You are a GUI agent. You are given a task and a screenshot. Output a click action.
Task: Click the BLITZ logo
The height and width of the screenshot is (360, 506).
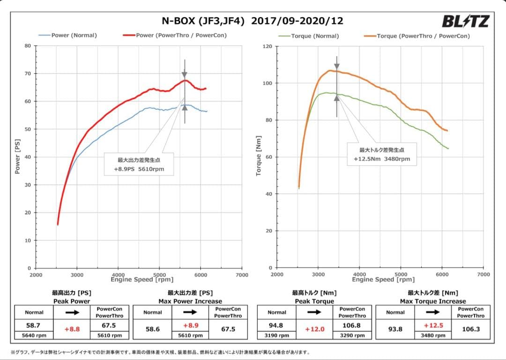[x=465, y=21]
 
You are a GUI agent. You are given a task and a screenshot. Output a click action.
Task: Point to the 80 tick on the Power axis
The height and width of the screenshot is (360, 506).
[x=28, y=46]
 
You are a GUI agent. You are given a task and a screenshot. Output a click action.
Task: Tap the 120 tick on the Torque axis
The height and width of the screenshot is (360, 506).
[x=268, y=46]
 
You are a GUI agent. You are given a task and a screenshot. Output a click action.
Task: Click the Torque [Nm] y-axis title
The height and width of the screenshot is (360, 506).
[x=258, y=156]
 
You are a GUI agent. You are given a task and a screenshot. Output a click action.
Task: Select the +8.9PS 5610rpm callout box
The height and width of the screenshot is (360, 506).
[x=139, y=164]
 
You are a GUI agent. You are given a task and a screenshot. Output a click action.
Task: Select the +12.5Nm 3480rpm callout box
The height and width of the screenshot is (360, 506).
[x=382, y=154]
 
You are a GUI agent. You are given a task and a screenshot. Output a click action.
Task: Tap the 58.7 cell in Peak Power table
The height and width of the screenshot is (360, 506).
[x=34, y=324]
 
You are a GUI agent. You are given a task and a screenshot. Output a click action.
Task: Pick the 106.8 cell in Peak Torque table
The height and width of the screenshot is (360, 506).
[x=352, y=324]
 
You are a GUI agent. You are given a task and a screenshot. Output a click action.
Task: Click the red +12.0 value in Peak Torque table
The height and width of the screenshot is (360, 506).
[x=314, y=330]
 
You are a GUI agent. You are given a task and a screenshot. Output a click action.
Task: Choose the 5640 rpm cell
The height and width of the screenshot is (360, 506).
[x=34, y=335]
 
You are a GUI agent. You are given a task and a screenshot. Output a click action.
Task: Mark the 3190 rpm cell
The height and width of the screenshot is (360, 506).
[x=277, y=335]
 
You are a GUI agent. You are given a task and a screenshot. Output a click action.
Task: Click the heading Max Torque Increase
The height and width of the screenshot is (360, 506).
[x=433, y=301]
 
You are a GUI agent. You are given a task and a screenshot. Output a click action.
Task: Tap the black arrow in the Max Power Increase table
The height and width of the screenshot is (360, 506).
[x=190, y=312]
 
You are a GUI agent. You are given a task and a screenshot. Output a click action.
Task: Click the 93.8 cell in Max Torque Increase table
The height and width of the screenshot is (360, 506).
[x=395, y=330]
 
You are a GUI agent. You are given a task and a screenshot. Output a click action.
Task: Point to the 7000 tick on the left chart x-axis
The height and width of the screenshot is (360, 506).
[x=242, y=275]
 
